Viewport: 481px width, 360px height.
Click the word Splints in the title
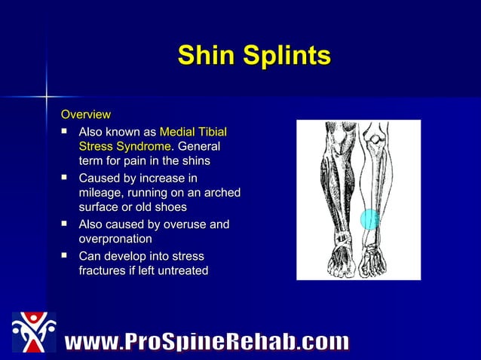pyautogui.click(x=286, y=56)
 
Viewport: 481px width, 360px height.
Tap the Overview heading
pyautogui.click(x=86, y=114)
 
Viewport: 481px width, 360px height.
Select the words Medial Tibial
pyautogui.click(x=193, y=133)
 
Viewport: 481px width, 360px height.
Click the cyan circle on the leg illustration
pyautogui.click(x=369, y=219)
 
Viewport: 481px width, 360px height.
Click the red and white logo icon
pyautogui.click(x=33, y=332)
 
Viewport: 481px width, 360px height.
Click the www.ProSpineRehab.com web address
pyautogui.click(x=207, y=343)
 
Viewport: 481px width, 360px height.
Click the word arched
pyautogui.click(x=221, y=193)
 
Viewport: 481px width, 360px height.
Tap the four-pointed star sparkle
pyautogui.click(x=47, y=96)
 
